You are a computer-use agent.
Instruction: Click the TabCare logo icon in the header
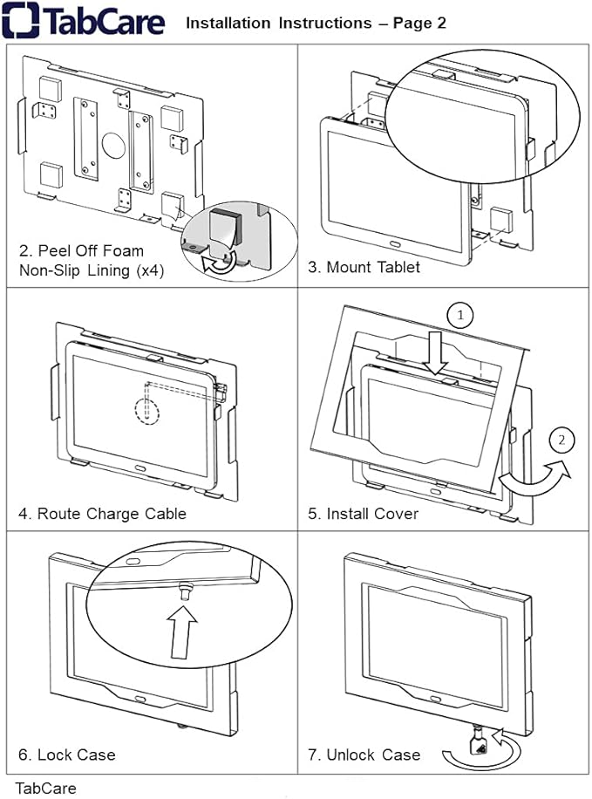click(x=19, y=21)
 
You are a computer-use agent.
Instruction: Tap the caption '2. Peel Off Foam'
click(x=81, y=251)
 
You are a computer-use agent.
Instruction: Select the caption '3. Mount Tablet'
click(x=364, y=267)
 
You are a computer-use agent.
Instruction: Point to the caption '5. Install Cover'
click(x=363, y=514)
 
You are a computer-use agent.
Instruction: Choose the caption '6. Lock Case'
click(x=66, y=755)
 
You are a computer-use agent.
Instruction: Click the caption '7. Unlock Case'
click(x=364, y=755)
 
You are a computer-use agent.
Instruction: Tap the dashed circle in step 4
click(x=147, y=408)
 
